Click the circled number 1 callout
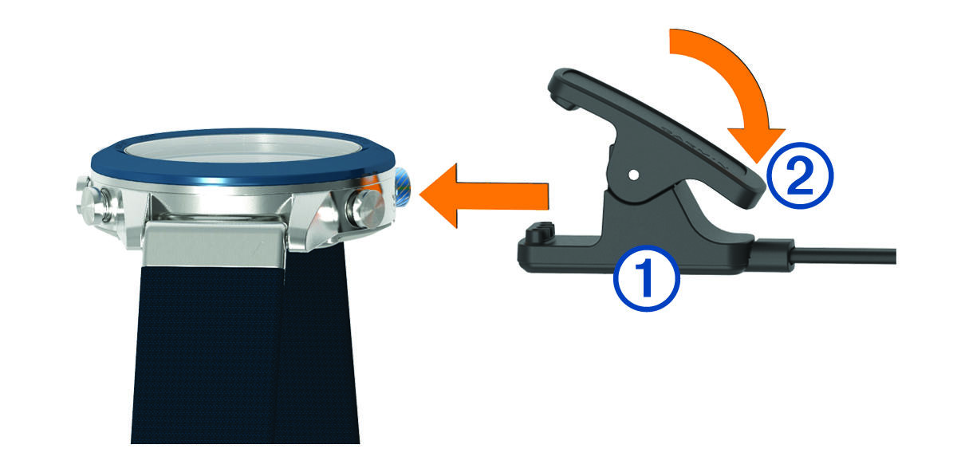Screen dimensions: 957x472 pos(647,278)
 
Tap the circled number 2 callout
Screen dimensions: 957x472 pos(800,175)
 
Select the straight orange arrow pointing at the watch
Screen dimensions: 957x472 pos(483,195)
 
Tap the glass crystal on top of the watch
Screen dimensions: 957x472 pos(242,147)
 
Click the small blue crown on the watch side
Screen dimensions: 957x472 pos(403,187)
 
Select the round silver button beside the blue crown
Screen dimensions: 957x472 pos(368,209)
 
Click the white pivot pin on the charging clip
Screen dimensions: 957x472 pos(634,175)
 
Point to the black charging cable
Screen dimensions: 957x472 pos(844,257)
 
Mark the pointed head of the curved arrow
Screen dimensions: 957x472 pos(757,143)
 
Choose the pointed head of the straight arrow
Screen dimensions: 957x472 pos(439,195)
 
